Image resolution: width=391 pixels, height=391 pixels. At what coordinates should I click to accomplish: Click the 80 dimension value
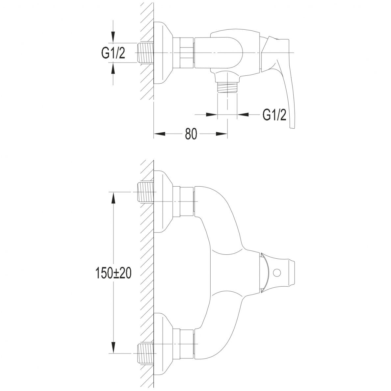point(191,134)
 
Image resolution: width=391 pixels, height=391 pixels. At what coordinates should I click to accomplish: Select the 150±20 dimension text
point(114,274)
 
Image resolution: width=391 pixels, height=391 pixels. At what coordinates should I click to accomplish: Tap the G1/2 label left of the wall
point(113,53)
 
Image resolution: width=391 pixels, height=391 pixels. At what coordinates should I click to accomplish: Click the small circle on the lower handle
point(276,273)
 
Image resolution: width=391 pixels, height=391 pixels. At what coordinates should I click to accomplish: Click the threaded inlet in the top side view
point(145,53)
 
